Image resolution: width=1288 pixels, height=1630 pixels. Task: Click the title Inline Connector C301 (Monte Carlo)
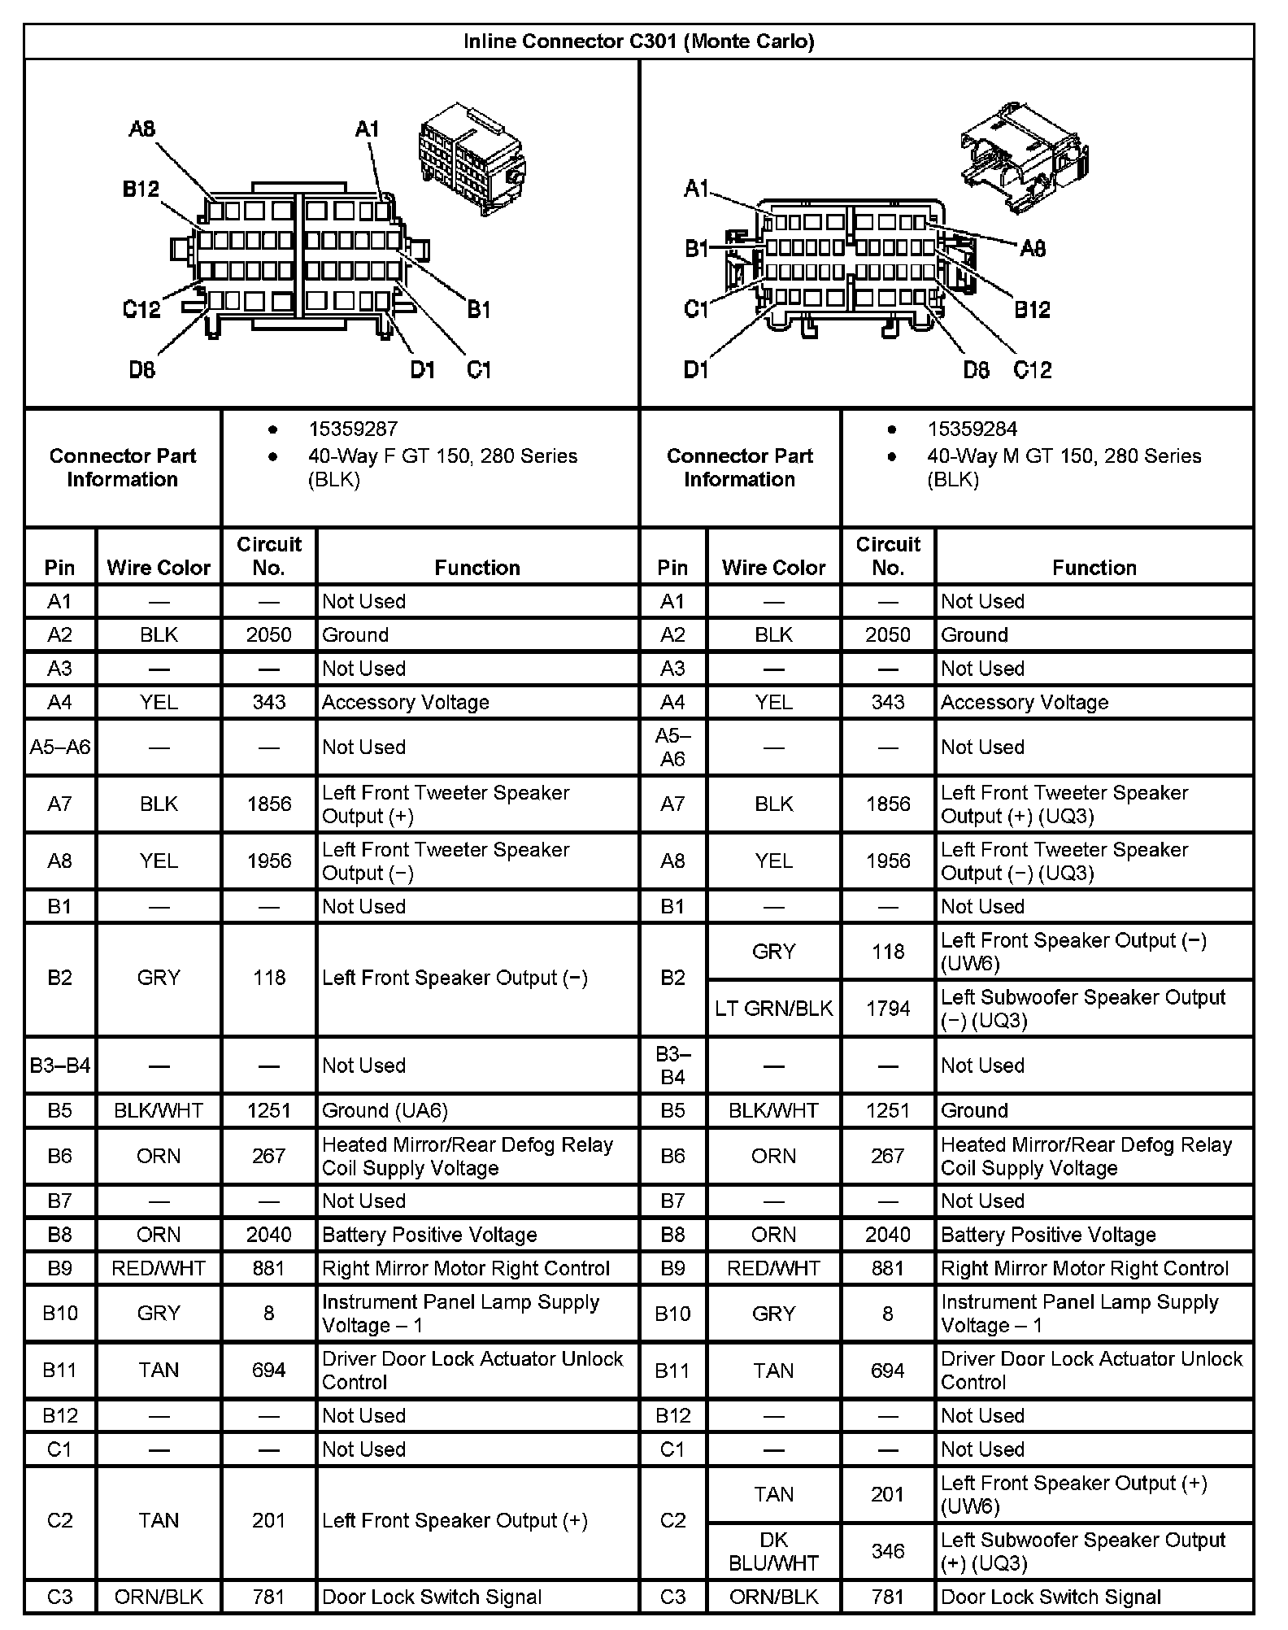pyautogui.click(x=638, y=41)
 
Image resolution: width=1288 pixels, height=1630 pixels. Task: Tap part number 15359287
pyautogui.click(x=352, y=429)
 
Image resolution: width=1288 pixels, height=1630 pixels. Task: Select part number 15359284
pyautogui.click(x=972, y=429)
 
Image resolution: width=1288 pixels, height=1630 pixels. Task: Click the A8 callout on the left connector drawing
pyautogui.click(x=141, y=129)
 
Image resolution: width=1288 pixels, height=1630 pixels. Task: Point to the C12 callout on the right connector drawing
pyautogui.click(x=1032, y=370)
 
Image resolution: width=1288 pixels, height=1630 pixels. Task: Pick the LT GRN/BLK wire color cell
pyautogui.click(x=773, y=1009)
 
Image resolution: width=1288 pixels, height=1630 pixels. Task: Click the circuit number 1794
pyautogui.click(x=887, y=1009)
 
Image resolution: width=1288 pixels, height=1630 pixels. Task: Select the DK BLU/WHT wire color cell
pyautogui.click(x=773, y=1551)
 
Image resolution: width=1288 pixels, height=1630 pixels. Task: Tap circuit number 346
pyautogui.click(x=887, y=1551)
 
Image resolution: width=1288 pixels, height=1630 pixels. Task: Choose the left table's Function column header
pyautogui.click(x=476, y=567)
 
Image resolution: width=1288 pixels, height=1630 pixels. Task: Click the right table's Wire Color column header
pyautogui.click(x=773, y=567)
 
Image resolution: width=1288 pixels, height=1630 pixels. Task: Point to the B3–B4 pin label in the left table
pyautogui.click(x=60, y=1065)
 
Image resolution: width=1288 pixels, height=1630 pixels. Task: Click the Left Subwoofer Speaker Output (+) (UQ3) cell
pyautogui.click(x=1082, y=1551)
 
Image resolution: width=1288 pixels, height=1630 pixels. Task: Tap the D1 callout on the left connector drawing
pyautogui.click(x=423, y=370)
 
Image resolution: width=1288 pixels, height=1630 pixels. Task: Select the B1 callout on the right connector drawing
pyautogui.click(x=697, y=248)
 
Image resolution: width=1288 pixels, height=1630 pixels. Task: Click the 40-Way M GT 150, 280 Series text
pyautogui.click(x=1064, y=455)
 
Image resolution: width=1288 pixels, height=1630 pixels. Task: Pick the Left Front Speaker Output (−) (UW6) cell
pyautogui.click(x=1073, y=952)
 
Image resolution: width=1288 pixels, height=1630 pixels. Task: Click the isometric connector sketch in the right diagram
pyautogui.click(x=1025, y=155)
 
